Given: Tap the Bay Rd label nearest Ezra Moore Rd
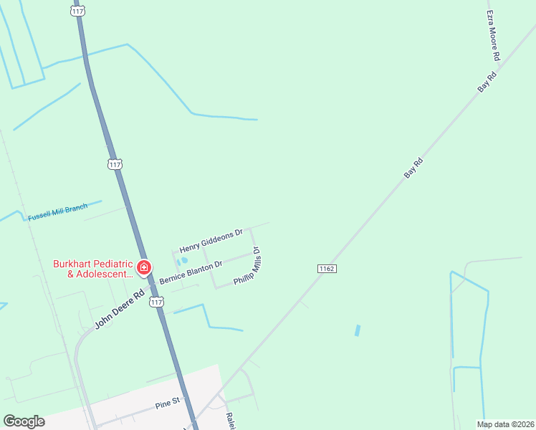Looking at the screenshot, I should [487, 81].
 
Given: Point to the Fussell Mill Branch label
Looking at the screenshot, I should [57, 212].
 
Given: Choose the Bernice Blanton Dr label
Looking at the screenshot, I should [191, 272].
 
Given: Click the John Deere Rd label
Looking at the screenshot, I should [119, 309].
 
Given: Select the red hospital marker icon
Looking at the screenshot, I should [144, 267].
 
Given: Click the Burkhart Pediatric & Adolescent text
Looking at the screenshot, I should [93, 268].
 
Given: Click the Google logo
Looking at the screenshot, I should [24, 421].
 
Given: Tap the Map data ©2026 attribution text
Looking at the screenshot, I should [505, 424].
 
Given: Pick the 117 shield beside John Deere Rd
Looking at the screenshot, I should [157, 302].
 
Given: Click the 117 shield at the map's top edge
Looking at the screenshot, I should [78, 11].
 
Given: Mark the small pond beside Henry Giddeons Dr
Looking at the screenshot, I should [183, 261].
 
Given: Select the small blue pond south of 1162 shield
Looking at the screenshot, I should [357, 330].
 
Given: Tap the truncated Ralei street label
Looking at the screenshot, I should [230, 421].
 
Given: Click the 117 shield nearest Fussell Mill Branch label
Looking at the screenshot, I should [115, 164].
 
